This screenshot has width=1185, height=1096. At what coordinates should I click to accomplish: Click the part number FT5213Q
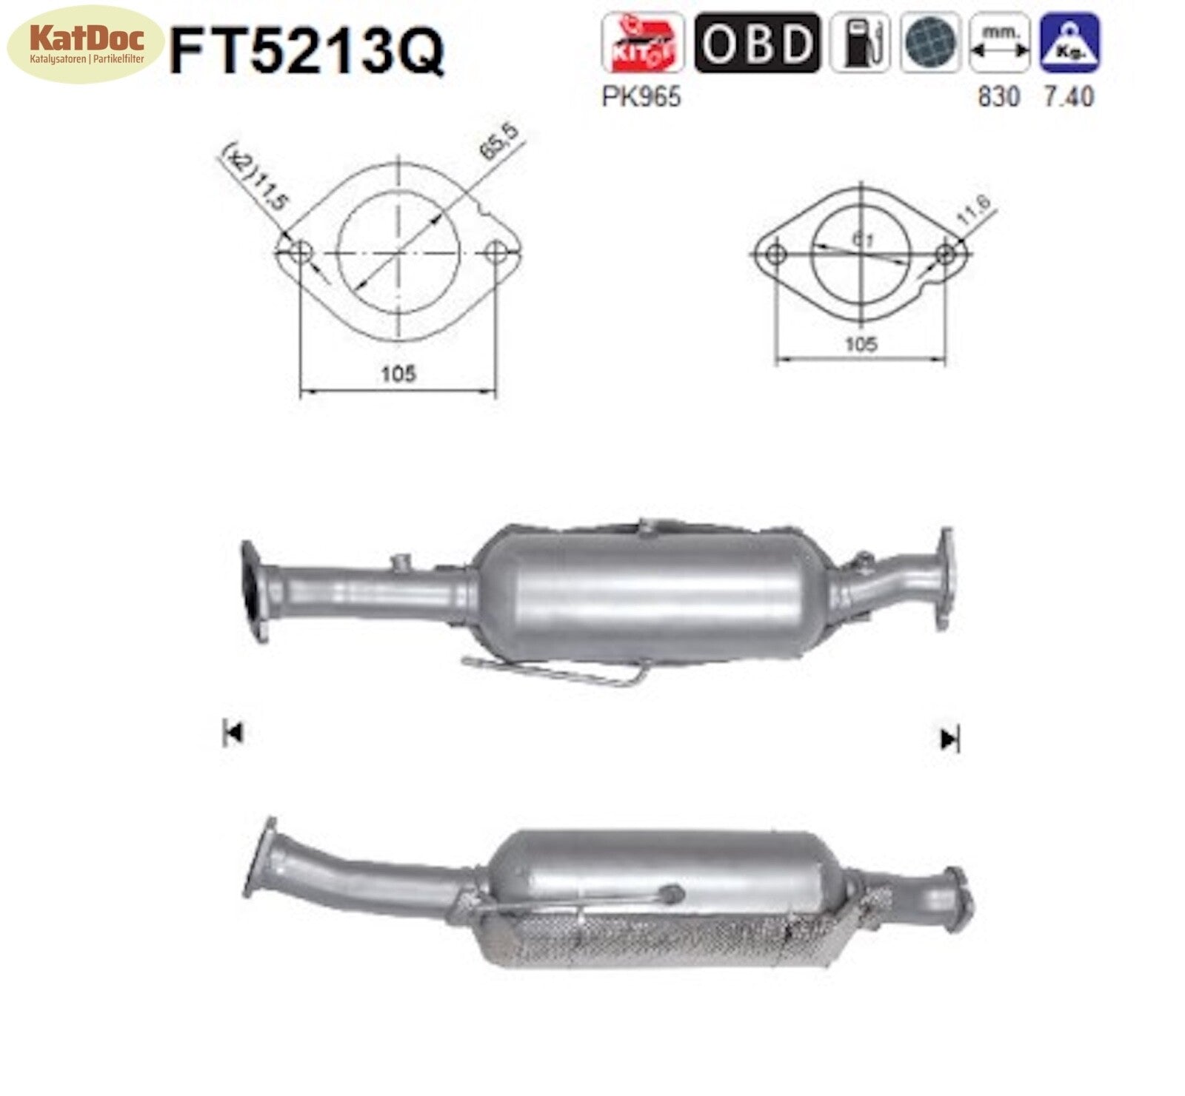(307, 50)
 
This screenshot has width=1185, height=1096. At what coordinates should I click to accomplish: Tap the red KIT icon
(641, 43)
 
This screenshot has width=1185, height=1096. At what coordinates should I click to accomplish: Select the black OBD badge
(757, 43)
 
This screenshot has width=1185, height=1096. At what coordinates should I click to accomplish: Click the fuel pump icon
(859, 43)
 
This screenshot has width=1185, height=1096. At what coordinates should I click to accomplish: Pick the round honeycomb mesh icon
(930, 43)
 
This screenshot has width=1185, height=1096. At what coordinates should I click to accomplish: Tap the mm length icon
(999, 43)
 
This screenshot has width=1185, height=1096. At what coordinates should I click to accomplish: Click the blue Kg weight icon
(1069, 43)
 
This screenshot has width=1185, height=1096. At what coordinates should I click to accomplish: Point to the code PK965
(641, 97)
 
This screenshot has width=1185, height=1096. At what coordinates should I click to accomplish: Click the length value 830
(998, 97)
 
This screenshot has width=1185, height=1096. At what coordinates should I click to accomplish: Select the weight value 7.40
(1069, 97)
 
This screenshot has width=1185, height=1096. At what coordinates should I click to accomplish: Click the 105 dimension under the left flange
(398, 374)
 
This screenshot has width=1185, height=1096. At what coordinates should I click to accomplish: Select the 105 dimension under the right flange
(861, 344)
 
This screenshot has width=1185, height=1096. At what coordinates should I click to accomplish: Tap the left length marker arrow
(233, 733)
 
